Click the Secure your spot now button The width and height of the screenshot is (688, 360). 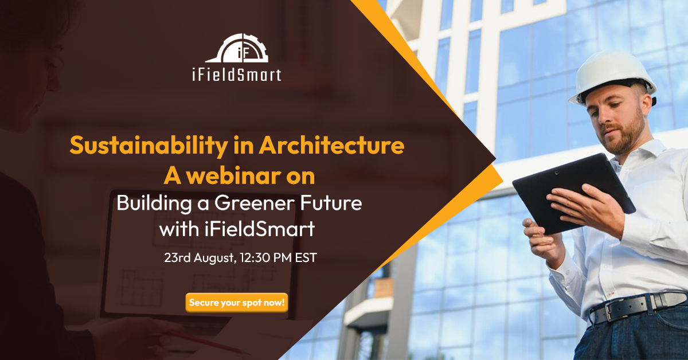pyautogui.click(x=236, y=303)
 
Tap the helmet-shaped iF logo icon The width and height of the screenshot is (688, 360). pyautogui.click(x=237, y=48)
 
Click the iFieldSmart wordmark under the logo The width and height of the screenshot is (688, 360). pyautogui.click(x=237, y=75)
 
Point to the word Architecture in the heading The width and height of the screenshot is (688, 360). pyautogui.click(x=331, y=144)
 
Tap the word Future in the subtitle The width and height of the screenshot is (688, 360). pyautogui.click(x=331, y=203)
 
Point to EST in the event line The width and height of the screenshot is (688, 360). pyautogui.click(x=306, y=257)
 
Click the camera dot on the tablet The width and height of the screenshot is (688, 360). pyautogui.click(x=557, y=173)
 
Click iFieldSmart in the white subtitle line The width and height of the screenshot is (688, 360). pyautogui.click(x=260, y=229)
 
